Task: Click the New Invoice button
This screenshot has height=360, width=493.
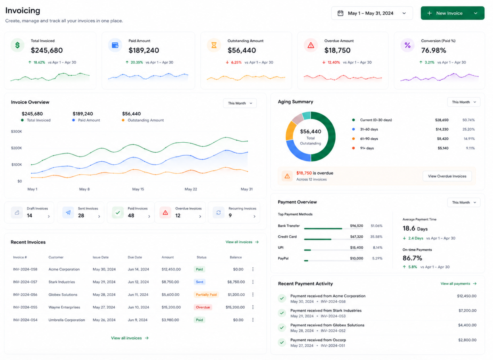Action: point(452,13)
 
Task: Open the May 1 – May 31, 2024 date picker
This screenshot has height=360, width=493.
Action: point(372,13)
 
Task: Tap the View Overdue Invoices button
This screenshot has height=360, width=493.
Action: point(447,176)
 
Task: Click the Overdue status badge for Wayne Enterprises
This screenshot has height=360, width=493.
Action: point(203,307)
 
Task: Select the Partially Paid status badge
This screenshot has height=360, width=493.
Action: point(206,295)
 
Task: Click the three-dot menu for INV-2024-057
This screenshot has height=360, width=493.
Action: point(253,282)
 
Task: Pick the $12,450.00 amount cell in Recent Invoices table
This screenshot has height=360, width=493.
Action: point(171,269)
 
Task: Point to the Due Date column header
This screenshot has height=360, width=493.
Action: point(135,257)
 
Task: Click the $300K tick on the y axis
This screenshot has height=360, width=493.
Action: point(16,132)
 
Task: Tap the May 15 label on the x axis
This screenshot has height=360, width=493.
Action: point(138,189)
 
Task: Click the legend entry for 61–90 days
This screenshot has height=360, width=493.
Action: point(369,139)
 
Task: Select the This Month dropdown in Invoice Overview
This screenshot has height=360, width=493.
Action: point(240,103)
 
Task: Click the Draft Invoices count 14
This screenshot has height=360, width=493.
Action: point(30,216)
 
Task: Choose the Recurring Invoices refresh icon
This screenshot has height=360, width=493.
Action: point(219,213)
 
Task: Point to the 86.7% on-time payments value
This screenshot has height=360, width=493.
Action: point(412,258)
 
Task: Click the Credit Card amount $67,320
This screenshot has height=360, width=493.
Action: point(357,237)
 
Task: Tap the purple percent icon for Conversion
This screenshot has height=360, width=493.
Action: point(407,45)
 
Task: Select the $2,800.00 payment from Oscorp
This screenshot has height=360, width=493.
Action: point(467,340)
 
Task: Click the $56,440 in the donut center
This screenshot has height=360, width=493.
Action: point(311,132)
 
